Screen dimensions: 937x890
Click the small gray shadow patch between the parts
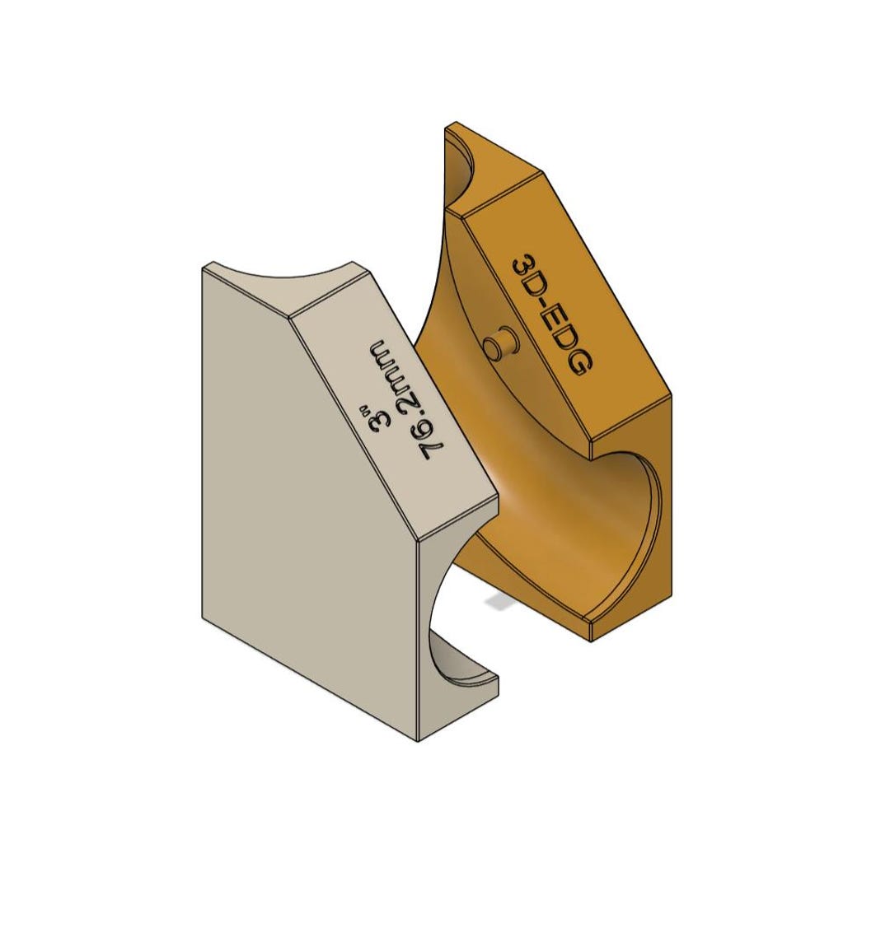point(497,604)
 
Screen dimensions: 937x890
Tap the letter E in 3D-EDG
point(555,321)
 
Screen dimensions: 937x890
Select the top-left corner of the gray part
point(204,268)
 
